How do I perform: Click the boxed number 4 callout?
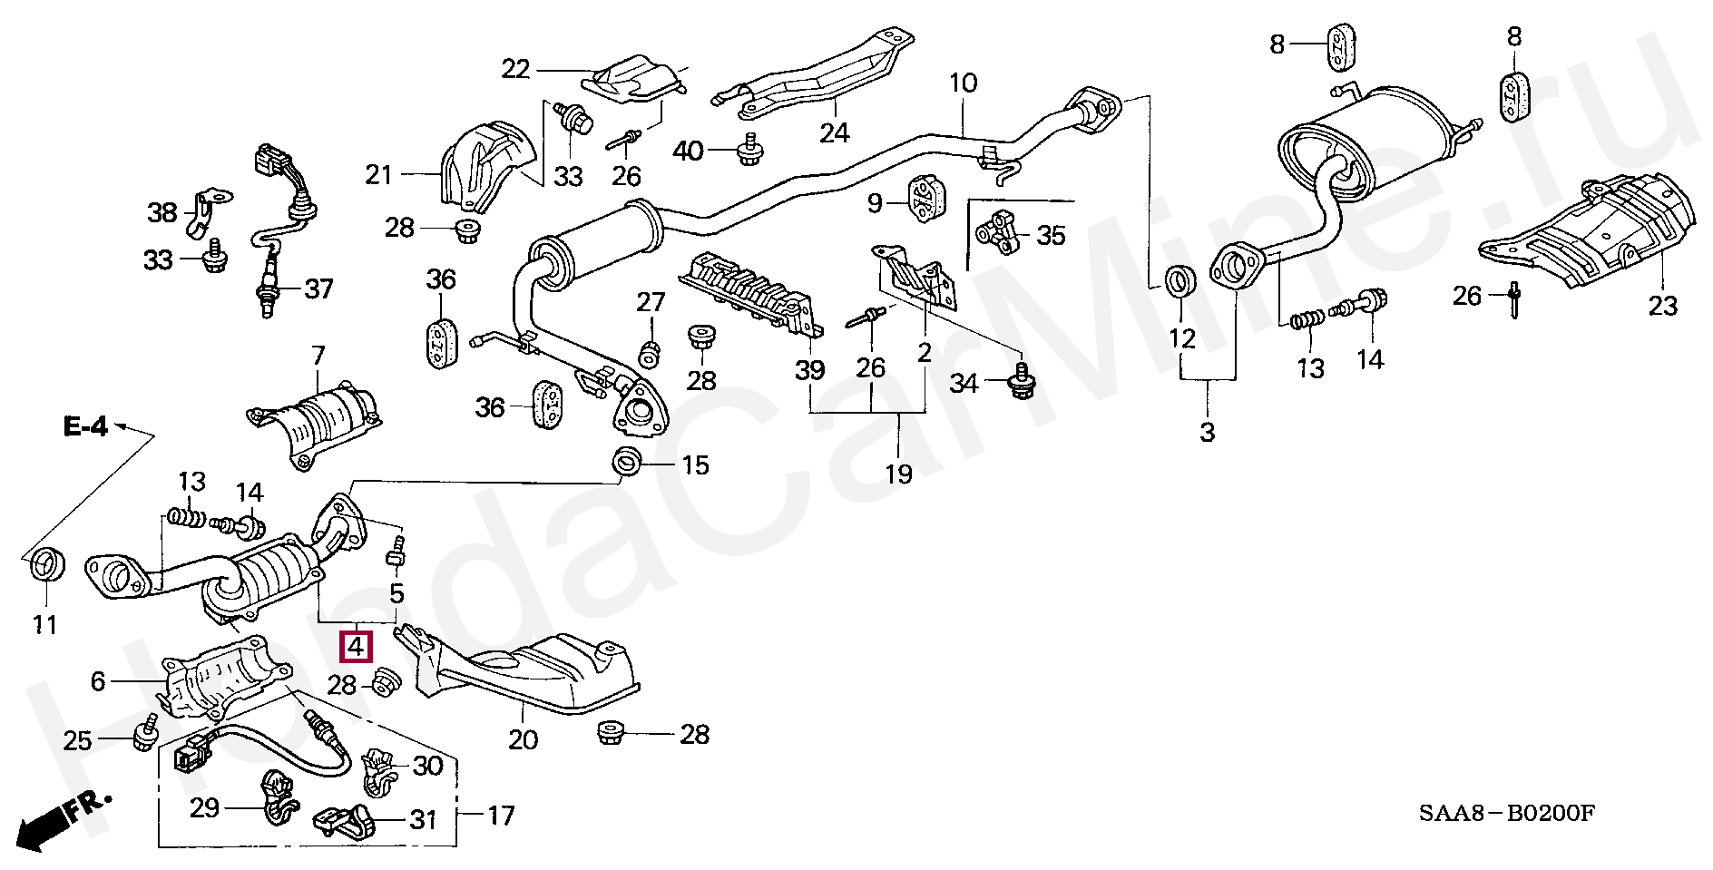(x=355, y=647)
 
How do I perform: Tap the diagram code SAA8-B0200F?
(x=1507, y=813)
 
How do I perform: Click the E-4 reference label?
(x=86, y=426)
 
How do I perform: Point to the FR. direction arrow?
(x=64, y=820)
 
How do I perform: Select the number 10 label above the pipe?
(x=963, y=83)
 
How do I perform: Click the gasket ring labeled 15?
(x=626, y=462)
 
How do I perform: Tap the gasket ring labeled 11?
(x=44, y=566)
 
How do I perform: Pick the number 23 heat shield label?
(x=1662, y=306)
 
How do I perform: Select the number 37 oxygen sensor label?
(x=318, y=289)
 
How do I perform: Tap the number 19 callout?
(x=898, y=473)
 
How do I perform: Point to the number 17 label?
(x=501, y=816)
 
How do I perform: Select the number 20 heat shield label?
(x=523, y=739)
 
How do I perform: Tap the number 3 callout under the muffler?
(x=1207, y=432)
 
